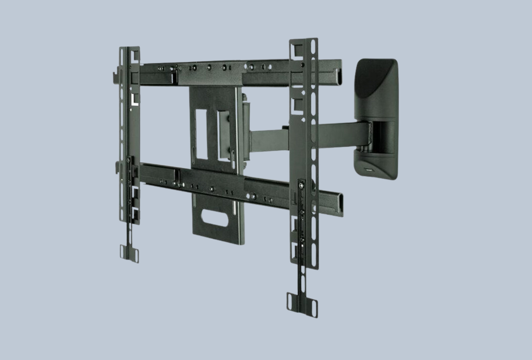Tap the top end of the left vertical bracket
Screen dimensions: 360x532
point(129,50)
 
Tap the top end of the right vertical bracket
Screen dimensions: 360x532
point(304,43)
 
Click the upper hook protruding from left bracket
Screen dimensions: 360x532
point(114,76)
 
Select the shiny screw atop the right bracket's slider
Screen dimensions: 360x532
point(302,183)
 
